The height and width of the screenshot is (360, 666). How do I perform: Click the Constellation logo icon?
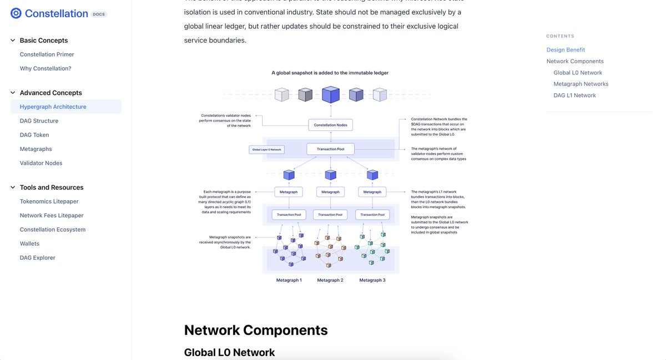[16, 13]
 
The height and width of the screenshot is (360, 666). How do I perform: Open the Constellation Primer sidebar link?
[47, 54]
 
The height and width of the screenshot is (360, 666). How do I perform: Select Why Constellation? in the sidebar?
[46, 68]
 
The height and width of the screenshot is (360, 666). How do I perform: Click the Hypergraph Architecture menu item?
[53, 107]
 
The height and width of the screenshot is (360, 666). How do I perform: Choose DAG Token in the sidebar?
[34, 135]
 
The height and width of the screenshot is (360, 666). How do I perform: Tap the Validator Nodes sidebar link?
[41, 163]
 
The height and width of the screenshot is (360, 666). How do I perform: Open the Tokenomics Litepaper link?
[49, 201]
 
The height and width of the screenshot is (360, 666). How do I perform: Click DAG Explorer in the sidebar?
[38, 257]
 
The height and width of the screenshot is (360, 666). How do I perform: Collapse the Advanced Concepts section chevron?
[13, 93]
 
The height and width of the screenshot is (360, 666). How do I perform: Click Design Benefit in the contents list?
[566, 50]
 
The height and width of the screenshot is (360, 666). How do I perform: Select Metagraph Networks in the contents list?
[581, 84]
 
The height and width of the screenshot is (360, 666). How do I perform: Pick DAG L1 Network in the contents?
[574, 95]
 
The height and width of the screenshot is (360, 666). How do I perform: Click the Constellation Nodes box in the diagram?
[330, 125]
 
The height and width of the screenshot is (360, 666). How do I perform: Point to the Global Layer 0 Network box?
[267, 150]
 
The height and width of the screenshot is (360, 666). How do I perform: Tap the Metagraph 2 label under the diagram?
[330, 280]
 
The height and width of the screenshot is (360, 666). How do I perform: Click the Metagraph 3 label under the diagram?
[372, 280]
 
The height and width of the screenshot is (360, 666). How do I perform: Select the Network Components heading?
[256, 330]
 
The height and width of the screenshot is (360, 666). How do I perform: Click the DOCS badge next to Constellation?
[98, 14]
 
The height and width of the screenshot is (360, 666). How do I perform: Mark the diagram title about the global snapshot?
[330, 73]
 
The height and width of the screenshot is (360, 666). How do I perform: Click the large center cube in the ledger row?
[331, 94]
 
